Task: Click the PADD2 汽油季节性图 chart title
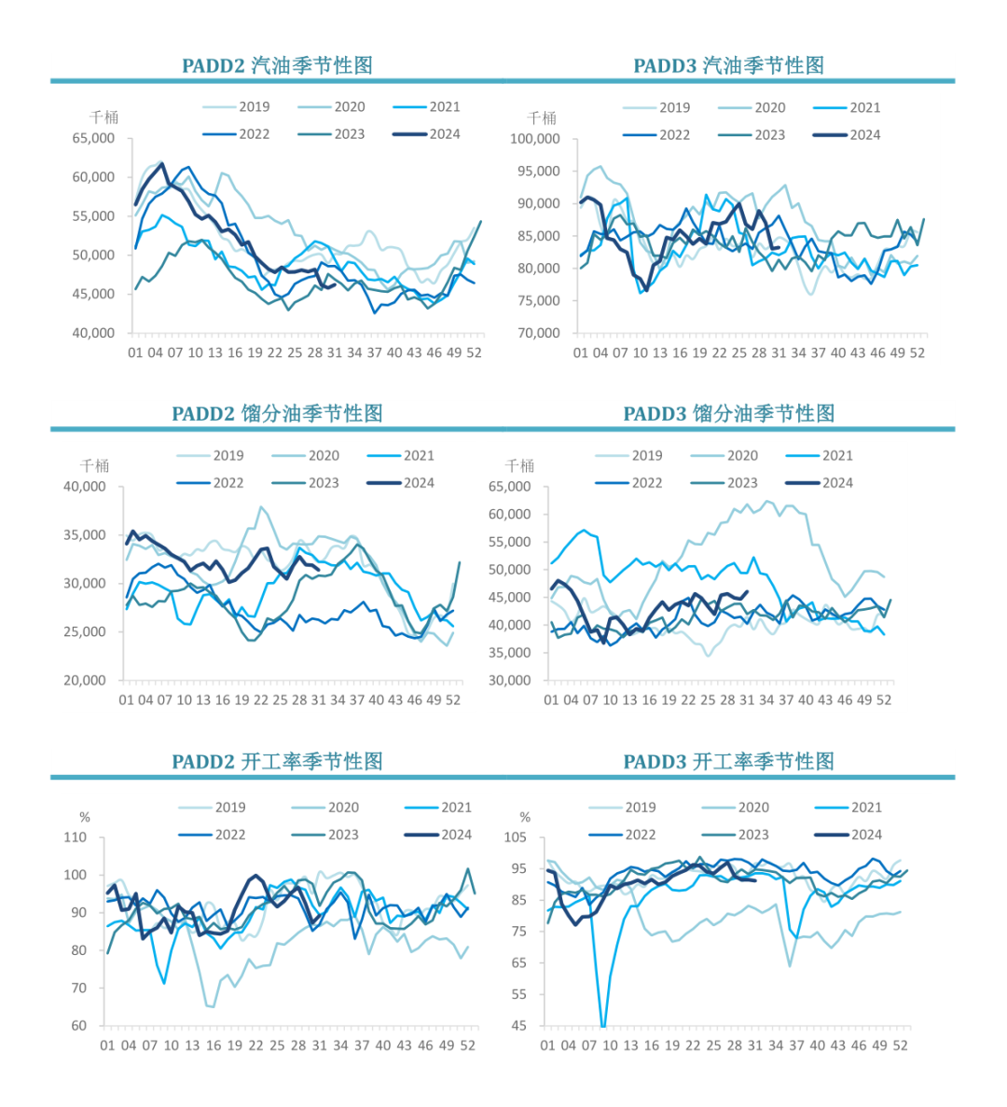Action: (277, 65)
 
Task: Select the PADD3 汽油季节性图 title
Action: (728, 65)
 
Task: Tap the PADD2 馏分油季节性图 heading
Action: (277, 413)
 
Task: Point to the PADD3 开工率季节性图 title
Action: (728, 761)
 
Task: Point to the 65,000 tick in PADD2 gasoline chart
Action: (93, 138)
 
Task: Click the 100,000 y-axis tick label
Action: (534, 139)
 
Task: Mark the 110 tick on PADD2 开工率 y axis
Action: (75, 837)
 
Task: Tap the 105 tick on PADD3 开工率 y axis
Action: (515, 837)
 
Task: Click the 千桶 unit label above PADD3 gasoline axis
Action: (542, 118)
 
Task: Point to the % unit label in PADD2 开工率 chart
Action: (85, 818)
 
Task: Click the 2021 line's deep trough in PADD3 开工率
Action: (603, 1025)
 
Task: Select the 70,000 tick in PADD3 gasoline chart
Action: (538, 333)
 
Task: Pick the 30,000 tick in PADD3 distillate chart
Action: (509, 680)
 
